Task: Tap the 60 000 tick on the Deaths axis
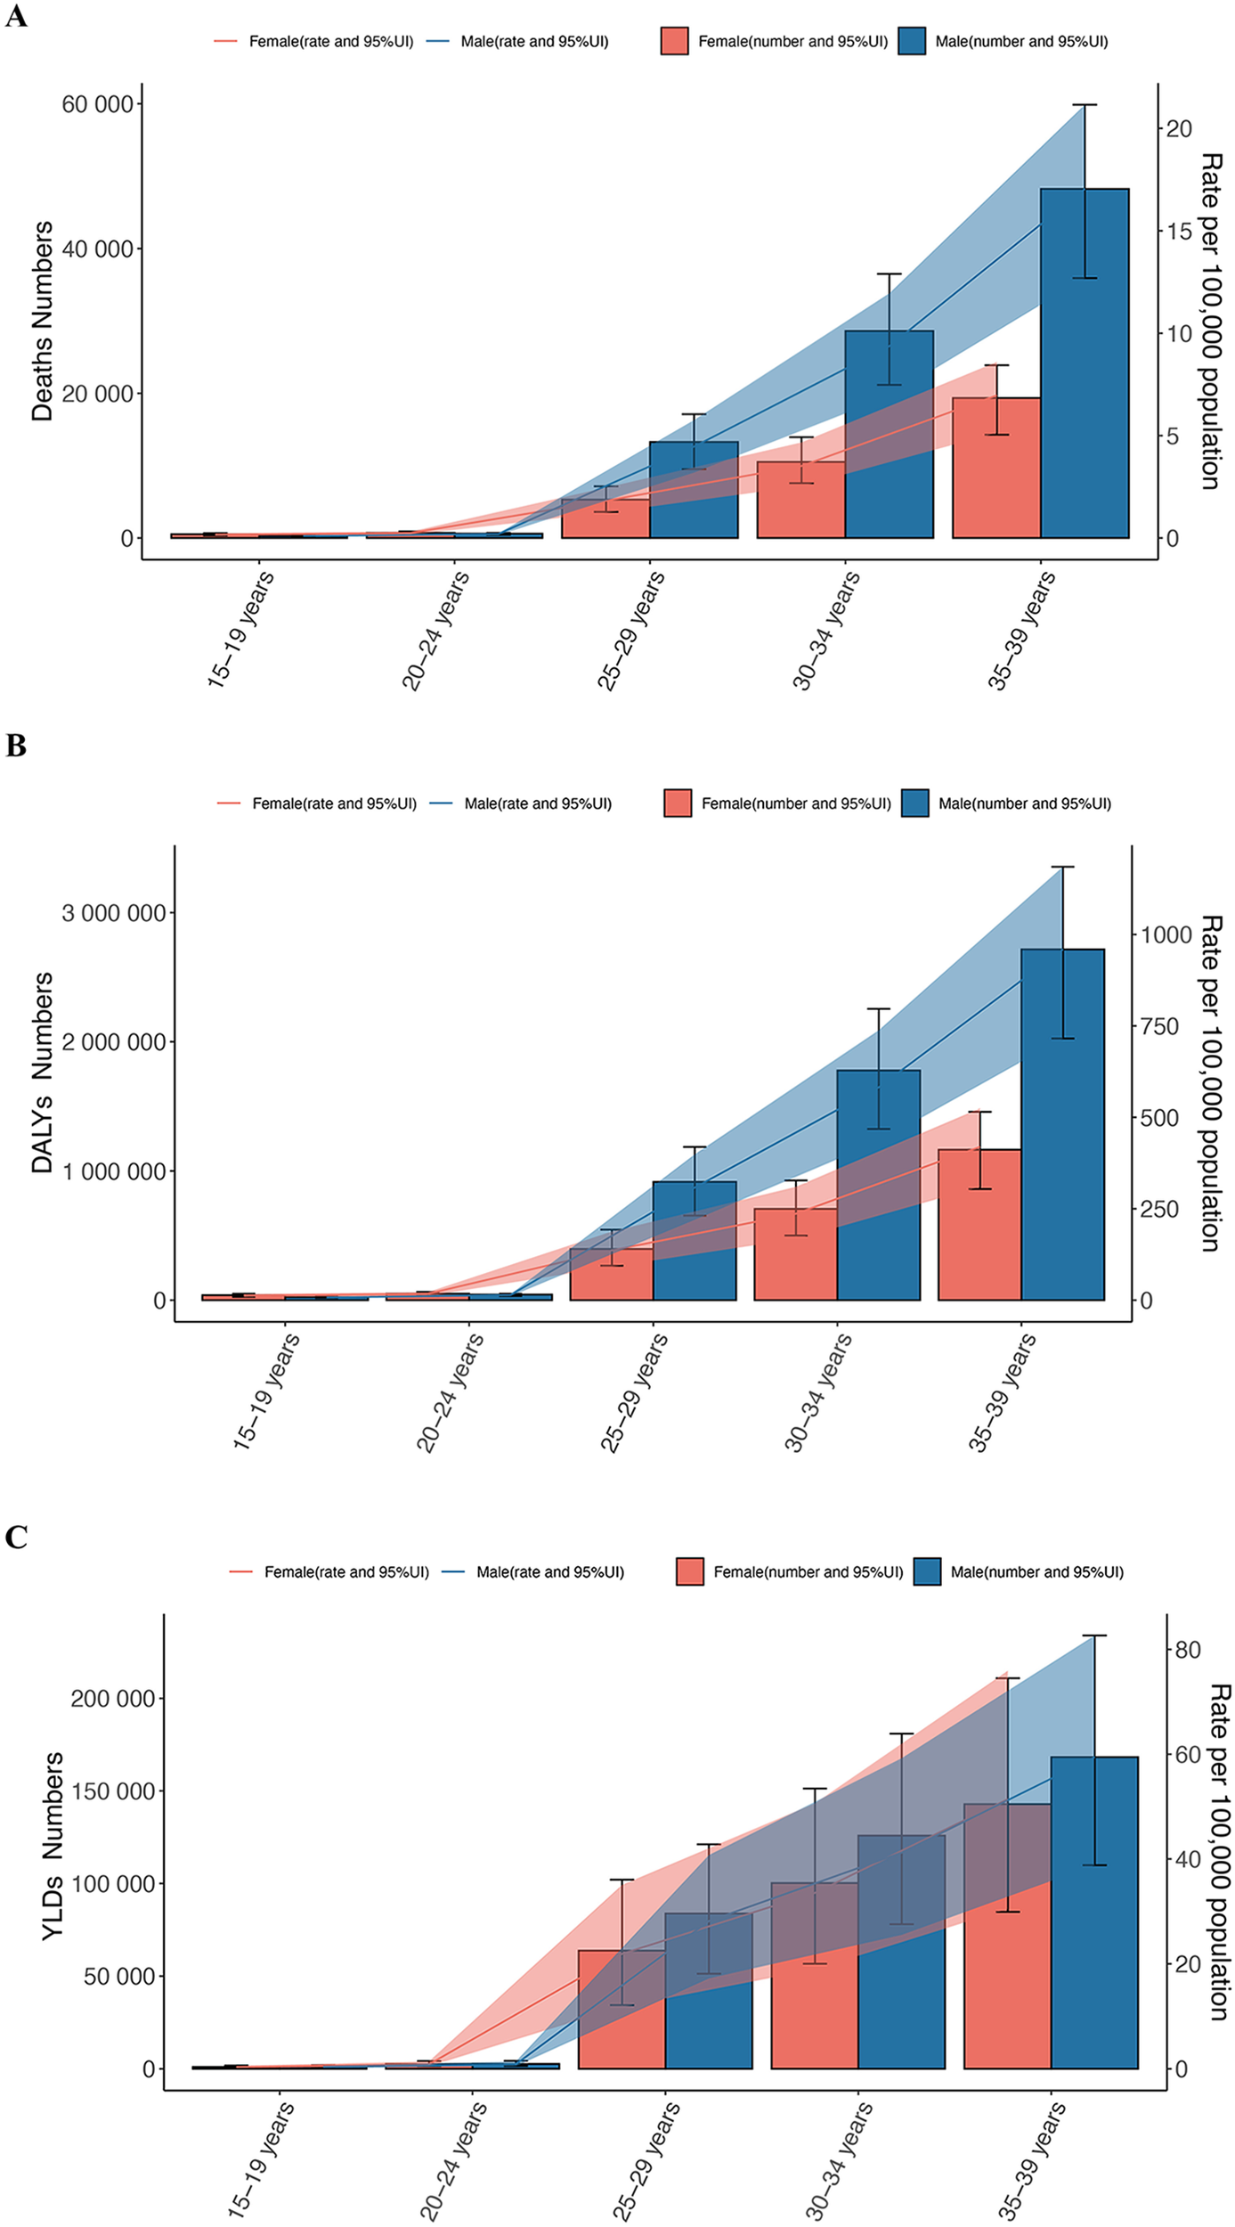97,105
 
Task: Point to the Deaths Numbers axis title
43,321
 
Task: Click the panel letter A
15,16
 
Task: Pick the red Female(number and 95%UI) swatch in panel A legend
674,41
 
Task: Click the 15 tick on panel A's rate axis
1179,231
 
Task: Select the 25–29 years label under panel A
630,631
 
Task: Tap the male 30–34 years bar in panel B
878,1185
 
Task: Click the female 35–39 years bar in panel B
979,1225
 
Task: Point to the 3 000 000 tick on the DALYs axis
114,913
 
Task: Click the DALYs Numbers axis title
43,1073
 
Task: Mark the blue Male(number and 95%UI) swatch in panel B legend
914,803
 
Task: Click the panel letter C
15,1537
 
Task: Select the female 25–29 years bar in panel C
622,2009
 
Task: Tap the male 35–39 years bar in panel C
1094,1913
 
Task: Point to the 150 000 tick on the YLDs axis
116,1791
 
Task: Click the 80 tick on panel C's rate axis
1188,1650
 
